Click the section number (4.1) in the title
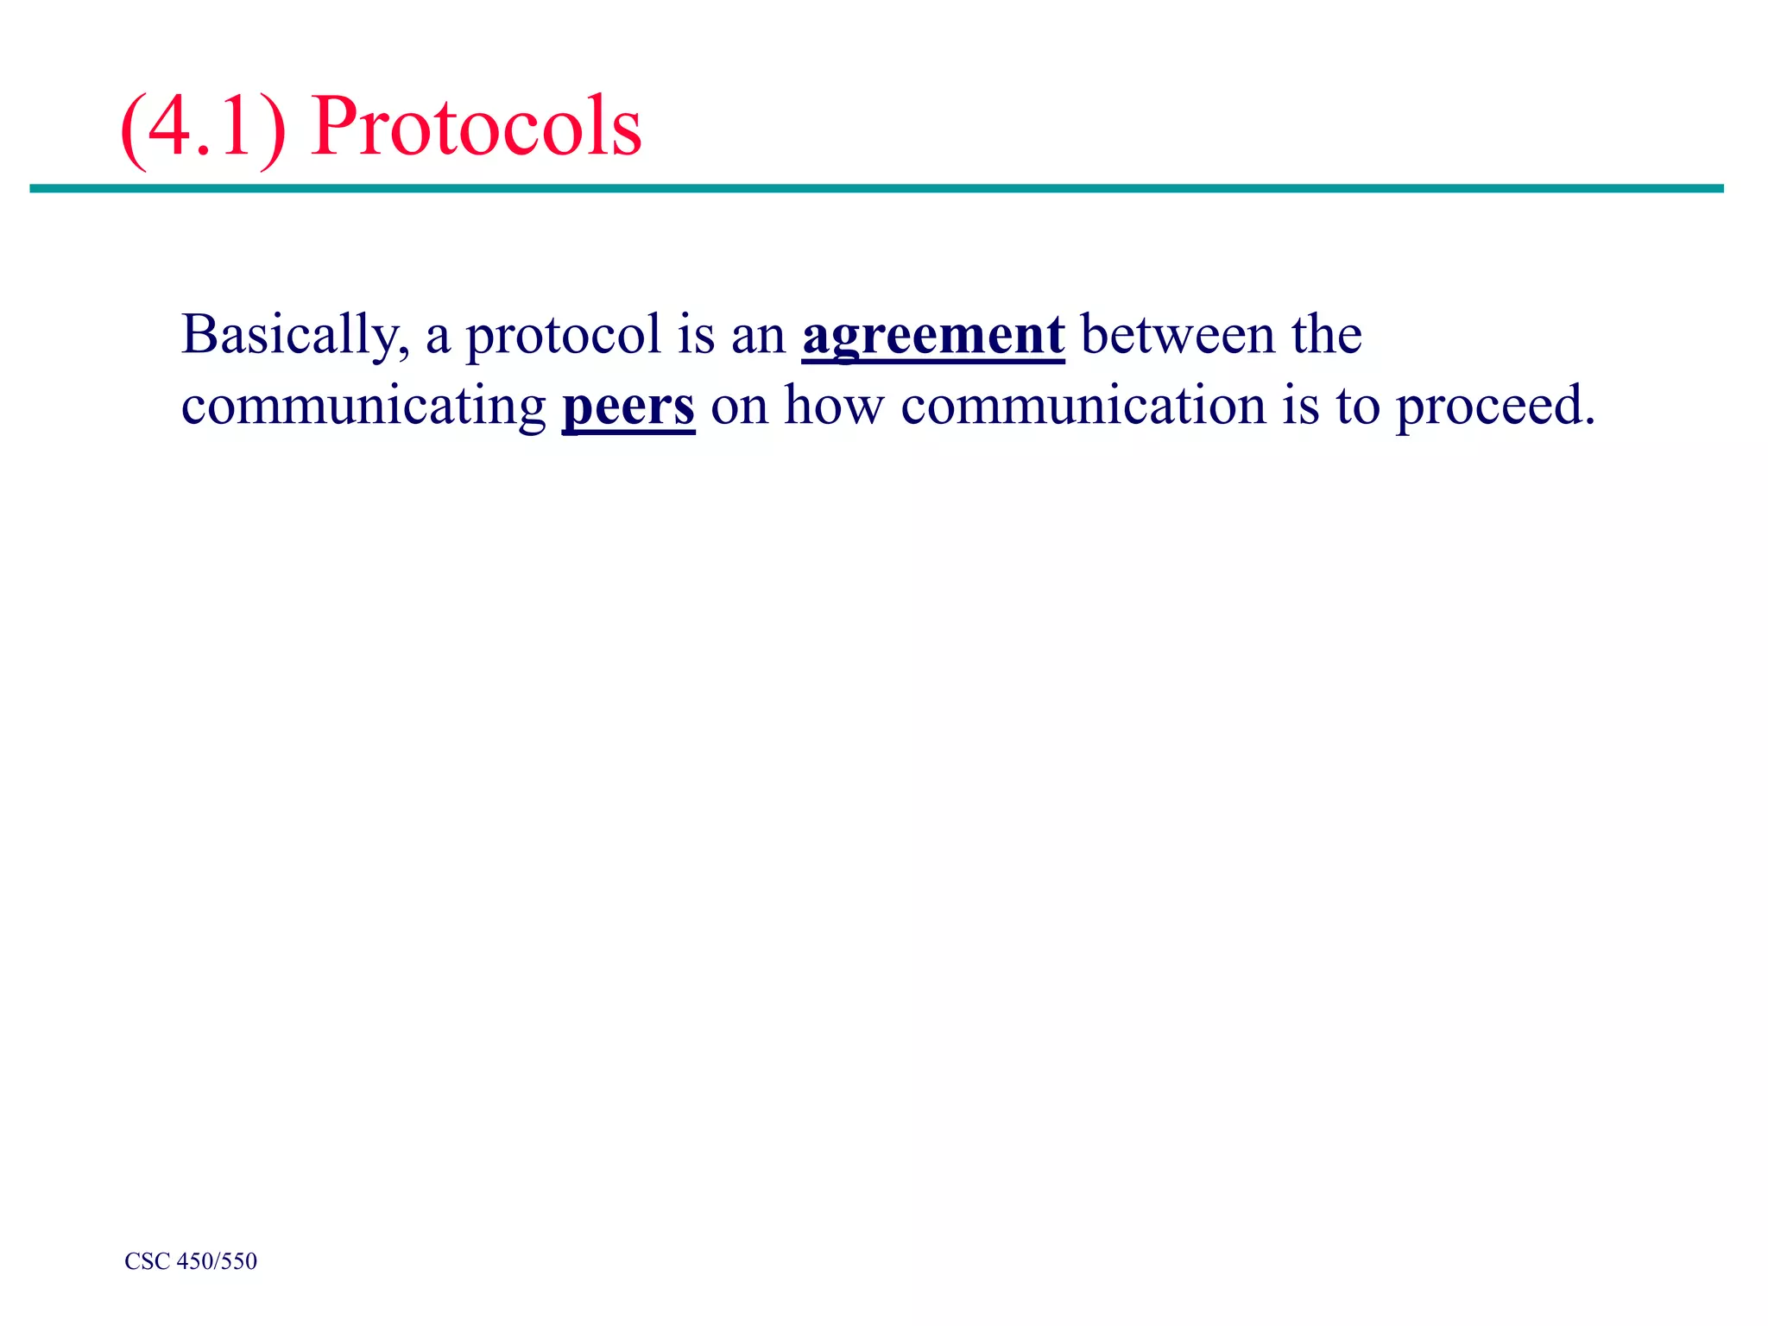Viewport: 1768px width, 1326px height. point(204,126)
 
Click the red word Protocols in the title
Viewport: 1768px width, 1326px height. point(477,126)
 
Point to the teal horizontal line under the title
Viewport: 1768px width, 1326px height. point(876,188)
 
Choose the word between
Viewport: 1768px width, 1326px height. point(1178,335)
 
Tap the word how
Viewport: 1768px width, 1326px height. point(834,406)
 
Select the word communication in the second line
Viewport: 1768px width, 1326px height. point(1083,406)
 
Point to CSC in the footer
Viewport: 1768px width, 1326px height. point(147,1261)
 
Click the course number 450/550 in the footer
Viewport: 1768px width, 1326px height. point(217,1261)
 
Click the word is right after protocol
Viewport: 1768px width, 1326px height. point(696,335)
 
